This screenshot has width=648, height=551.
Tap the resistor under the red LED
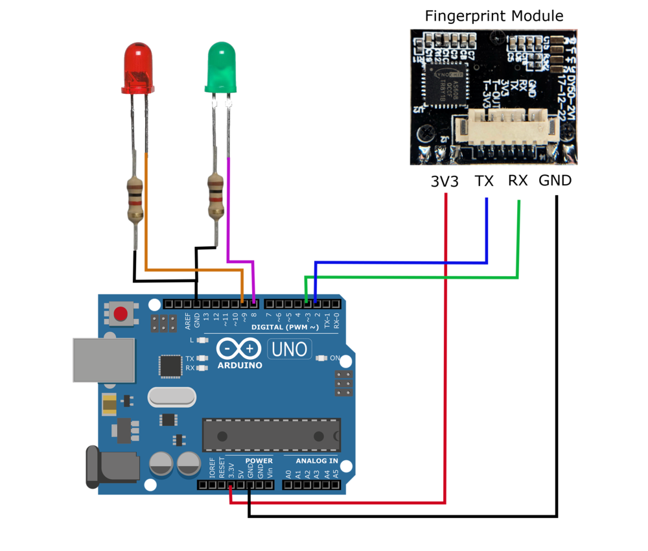coord(135,200)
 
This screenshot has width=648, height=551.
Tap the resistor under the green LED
coord(216,194)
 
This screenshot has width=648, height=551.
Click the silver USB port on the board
coord(103,360)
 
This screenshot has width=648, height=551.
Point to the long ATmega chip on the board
coord(271,434)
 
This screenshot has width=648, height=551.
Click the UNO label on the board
coord(289,349)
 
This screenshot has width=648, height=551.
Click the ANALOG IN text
coord(317,461)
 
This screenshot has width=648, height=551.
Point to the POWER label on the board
coord(259,461)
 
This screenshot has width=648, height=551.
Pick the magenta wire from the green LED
coord(227,214)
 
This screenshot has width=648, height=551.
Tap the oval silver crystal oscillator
coord(171,397)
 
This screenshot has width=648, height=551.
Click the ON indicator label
coord(335,358)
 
